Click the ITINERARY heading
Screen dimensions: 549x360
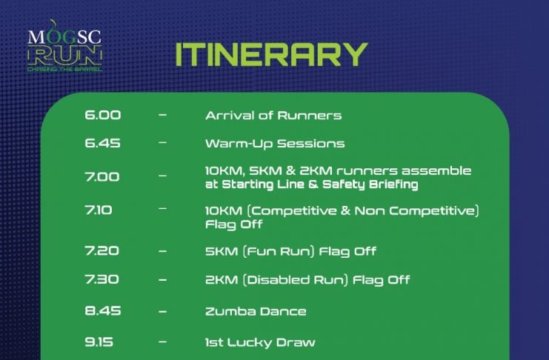(x=271, y=55)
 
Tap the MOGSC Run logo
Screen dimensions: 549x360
(x=64, y=45)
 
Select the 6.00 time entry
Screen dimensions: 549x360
(x=102, y=115)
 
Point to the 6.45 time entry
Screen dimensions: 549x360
(x=102, y=143)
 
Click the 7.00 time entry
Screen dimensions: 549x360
(x=102, y=176)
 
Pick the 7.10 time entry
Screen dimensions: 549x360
(x=99, y=210)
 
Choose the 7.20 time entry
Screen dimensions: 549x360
(x=102, y=250)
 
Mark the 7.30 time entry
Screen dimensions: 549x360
(x=102, y=279)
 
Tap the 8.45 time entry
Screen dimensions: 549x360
(x=102, y=311)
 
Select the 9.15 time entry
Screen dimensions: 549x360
(x=99, y=341)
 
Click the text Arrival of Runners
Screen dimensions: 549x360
(x=273, y=116)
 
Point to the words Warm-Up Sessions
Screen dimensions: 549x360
(x=275, y=144)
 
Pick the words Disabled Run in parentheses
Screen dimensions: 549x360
(x=296, y=280)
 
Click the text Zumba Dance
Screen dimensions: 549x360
(x=256, y=312)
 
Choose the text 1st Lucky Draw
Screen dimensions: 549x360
(x=260, y=342)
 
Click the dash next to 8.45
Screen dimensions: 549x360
(x=162, y=311)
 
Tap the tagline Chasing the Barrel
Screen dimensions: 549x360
(x=64, y=70)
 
